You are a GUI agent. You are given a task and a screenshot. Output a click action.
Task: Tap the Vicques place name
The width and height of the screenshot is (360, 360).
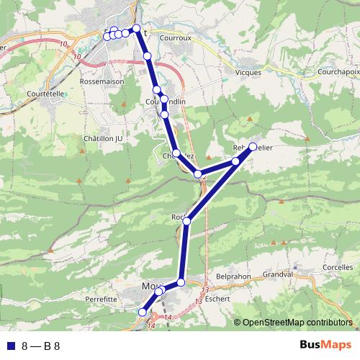[248, 72]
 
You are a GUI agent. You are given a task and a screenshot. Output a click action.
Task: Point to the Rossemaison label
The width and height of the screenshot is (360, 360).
[102, 81]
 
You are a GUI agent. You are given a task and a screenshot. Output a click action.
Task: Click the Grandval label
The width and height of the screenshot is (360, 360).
[277, 274]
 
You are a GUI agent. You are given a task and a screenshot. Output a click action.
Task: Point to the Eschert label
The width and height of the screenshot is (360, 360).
[217, 298]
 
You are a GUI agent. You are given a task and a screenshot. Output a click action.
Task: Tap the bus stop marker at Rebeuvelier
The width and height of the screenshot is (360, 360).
[253, 146]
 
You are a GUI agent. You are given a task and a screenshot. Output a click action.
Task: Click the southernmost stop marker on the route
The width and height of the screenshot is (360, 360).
[142, 312]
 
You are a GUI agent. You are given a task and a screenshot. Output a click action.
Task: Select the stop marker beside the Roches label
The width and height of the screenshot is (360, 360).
[186, 221]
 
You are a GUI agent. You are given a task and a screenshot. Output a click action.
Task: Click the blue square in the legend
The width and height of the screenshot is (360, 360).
[10, 346]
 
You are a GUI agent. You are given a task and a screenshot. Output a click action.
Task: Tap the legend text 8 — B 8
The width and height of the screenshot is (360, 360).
[41, 346]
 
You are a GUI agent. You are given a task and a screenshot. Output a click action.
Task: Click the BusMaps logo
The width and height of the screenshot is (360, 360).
[325, 345]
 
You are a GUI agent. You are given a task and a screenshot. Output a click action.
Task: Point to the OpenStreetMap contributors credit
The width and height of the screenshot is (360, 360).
[297, 323]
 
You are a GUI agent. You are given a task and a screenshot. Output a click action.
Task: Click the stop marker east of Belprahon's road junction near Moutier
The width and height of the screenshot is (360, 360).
[181, 282]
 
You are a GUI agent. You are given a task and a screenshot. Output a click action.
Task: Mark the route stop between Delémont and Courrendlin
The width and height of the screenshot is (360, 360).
[148, 55]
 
